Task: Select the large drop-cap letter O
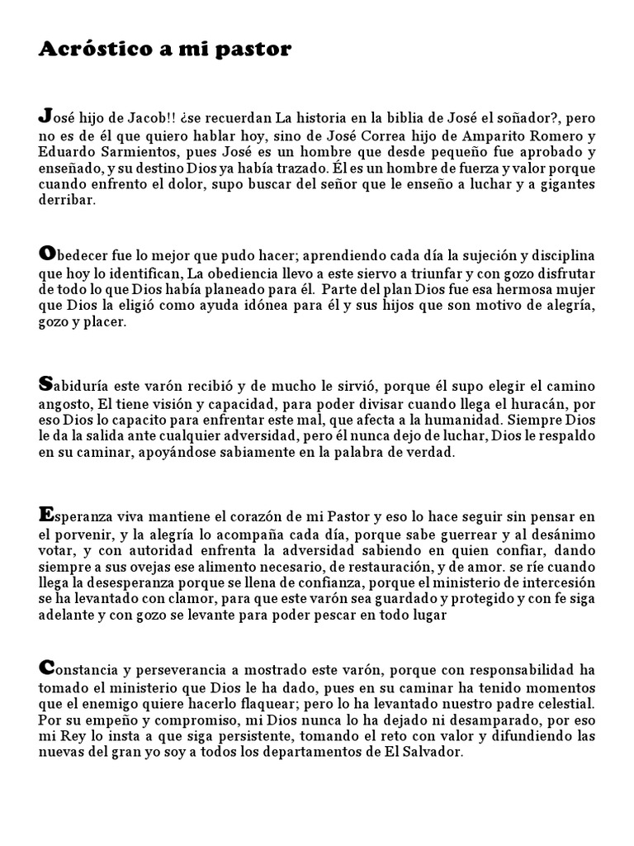point(46,250)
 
